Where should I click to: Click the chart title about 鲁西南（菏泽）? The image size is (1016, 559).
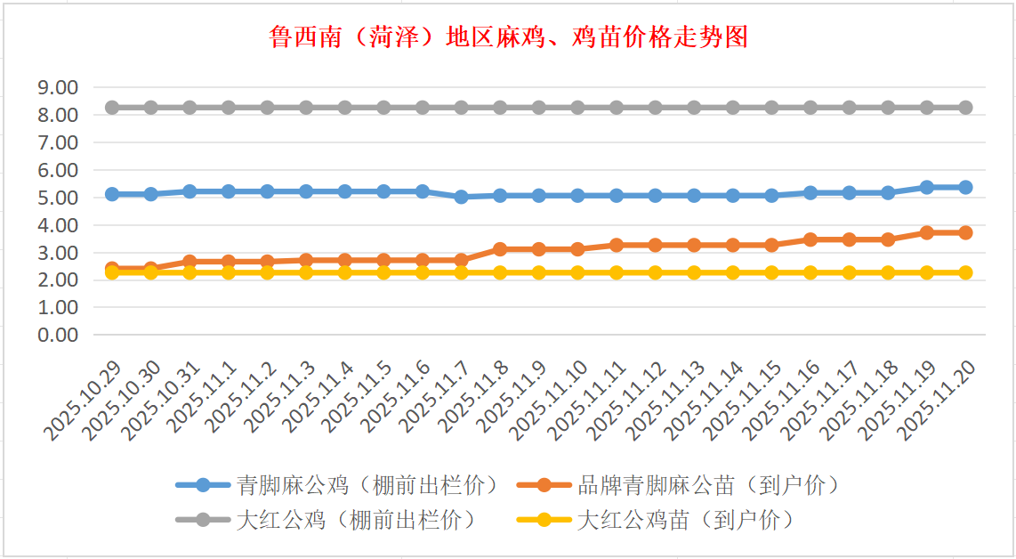click(508, 36)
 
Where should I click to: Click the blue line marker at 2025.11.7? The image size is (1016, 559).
click(462, 197)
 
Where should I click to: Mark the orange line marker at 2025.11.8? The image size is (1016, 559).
click(500, 249)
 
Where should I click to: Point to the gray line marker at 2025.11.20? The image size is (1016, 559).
click(965, 108)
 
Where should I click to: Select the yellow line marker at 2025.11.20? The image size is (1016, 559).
click(965, 272)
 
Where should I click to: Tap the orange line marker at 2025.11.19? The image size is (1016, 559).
click(927, 232)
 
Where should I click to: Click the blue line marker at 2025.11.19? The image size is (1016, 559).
click(927, 187)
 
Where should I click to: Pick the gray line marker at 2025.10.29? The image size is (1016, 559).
click(112, 108)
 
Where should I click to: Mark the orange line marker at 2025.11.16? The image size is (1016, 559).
click(810, 239)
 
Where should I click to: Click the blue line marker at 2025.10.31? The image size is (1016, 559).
click(189, 191)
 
